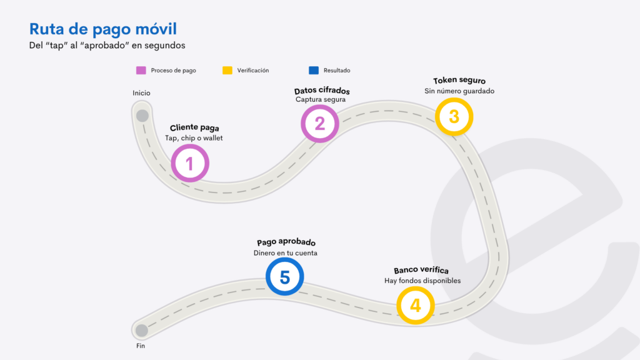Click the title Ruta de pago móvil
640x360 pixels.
(103, 29)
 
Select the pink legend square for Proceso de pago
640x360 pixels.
(141, 70)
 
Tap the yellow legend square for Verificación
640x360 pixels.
(227, 70)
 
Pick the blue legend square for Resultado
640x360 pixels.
(314, 70)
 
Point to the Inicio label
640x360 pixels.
(141, 93)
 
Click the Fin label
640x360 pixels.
(141, 346)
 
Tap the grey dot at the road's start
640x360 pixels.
(142, 116)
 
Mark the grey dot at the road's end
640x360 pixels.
(142, 330)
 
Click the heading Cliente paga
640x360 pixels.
(194, 127)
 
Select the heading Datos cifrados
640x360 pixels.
(322, 91)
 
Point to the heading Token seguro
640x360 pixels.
(459, 81)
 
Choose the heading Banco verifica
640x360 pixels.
(421, 270)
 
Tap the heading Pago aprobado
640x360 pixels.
(286, 242)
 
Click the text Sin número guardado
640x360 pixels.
(459, 91)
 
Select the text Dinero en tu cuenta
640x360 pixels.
(285, 253)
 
